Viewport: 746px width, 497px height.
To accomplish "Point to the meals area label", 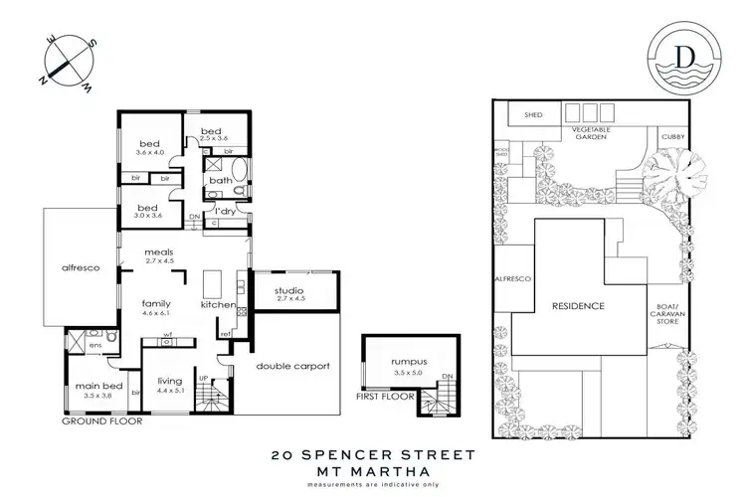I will (x=159, y=251).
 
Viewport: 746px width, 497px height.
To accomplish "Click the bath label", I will (x=222, y=180).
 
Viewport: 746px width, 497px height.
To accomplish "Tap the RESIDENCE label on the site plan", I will (x=579, y=305).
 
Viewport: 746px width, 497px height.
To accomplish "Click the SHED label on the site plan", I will (x=518, y=115).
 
